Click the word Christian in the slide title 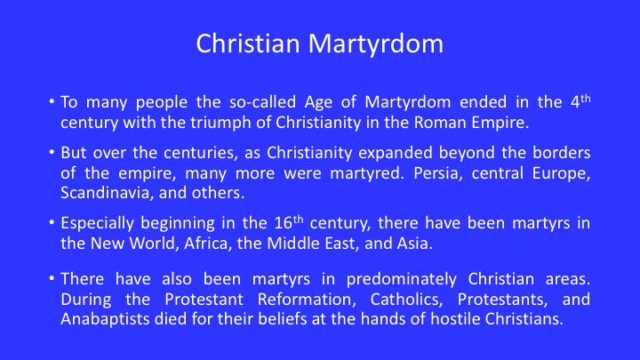coord(248,44)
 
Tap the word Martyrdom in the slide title coord(376,44)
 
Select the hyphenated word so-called coord(262,101)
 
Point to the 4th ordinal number coord(580,100)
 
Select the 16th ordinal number coord(289,222)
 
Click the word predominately coord(402,279)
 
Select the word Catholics coord(406,300)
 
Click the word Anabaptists coord(105,319)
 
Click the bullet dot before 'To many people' coord(52,100)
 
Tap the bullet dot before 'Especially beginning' coord(52,222)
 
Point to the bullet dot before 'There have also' coord(52,278)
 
